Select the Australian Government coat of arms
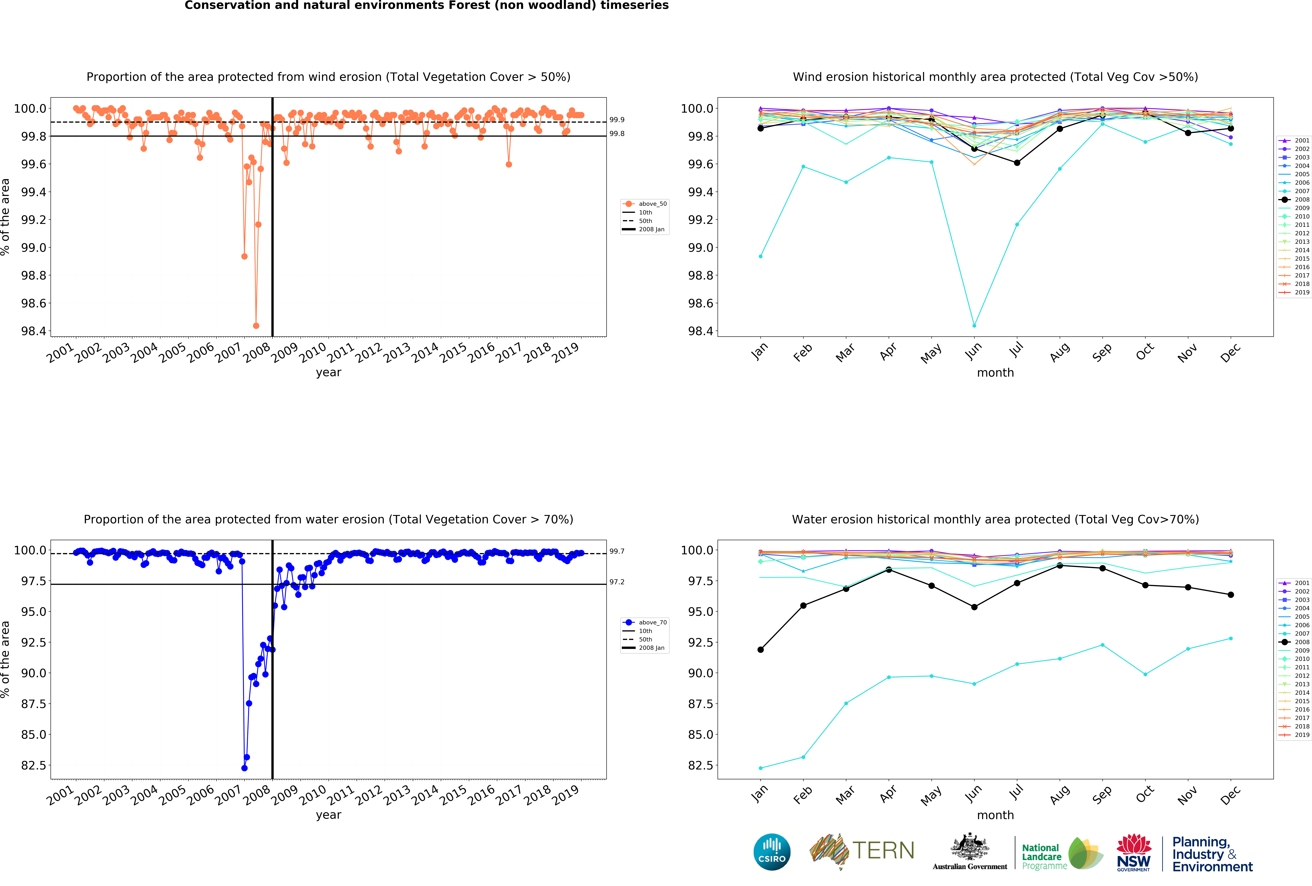(969, 846)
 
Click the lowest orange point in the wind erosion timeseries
(256, 326)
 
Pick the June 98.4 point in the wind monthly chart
(974, 326)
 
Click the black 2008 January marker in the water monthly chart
(760, 649)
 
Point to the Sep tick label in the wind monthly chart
(1101, 352)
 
